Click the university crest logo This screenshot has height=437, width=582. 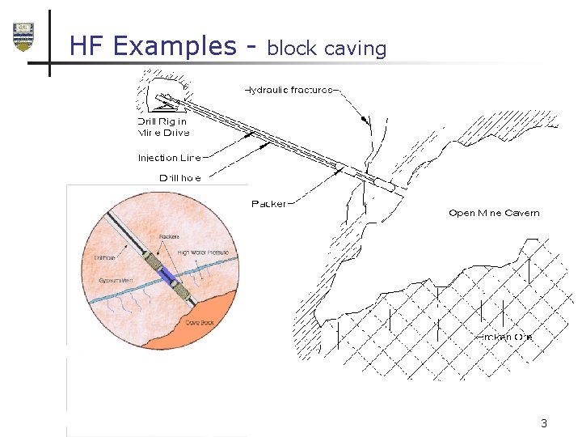click(23, 36)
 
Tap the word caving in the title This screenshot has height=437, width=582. click(355, 49)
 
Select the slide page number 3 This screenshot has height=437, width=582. click(544, 423)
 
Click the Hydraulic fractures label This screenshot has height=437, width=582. click(289, 90)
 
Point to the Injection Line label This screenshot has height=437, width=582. click(169, 158)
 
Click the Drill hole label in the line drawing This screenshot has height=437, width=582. click(179, 177)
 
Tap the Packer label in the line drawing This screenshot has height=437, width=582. click(268, 204)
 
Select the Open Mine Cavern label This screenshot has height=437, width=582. click(494, 213)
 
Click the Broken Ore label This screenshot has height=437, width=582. click(504, 337)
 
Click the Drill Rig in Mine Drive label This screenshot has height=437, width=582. click(163, 127)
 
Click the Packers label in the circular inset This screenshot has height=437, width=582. click(169, 236)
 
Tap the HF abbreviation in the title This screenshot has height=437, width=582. click(86, 45)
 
